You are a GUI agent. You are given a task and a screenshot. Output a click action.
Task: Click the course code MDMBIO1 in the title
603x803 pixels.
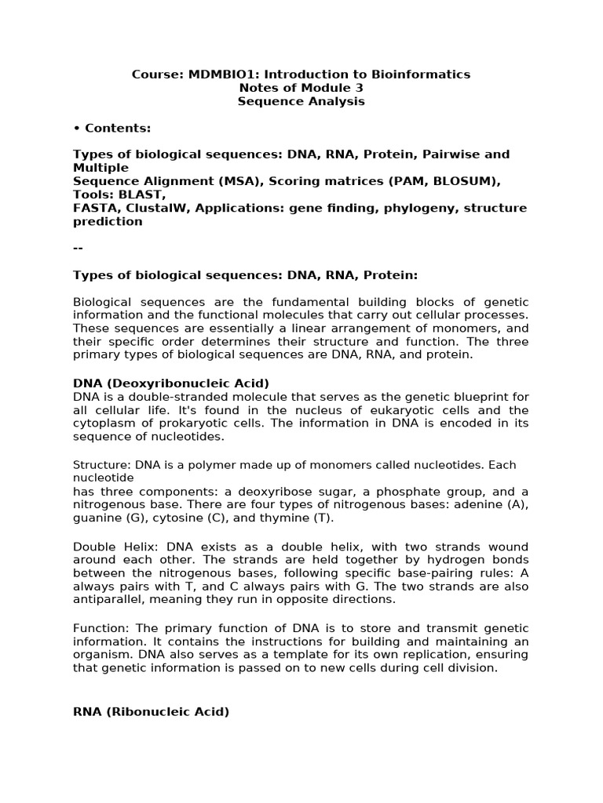click(x=216, y=74)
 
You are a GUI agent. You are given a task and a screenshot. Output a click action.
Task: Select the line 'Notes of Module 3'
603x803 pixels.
click(x=301, y=88)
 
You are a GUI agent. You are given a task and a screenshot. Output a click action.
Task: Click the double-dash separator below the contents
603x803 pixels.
click(x=78, y=248)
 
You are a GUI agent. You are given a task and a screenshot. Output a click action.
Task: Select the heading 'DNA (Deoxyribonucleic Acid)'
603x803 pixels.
click(x=170, y=383)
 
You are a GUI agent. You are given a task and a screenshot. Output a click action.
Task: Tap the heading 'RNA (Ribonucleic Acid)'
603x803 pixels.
click(x=151, y=712)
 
